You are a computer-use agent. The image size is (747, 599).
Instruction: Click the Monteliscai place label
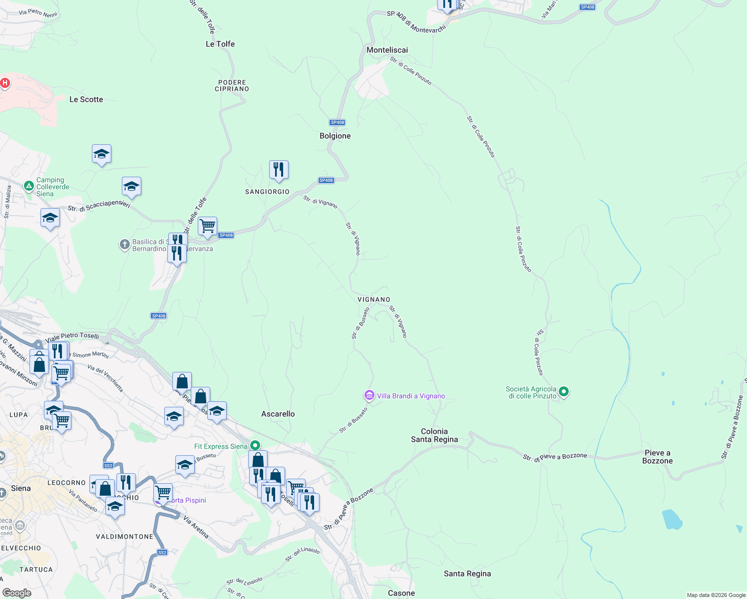tap(387, 50)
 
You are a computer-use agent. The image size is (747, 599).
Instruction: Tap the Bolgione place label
tap(335, 136)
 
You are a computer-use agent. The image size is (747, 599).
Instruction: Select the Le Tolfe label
tap(220, 44)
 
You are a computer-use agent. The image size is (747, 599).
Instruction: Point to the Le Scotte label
tap(86, 99)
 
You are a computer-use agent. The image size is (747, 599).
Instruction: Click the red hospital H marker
tap(5, 83)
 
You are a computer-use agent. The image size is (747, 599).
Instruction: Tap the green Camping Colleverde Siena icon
tap(29, 187)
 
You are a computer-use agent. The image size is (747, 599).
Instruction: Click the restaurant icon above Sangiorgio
tap(279, 170)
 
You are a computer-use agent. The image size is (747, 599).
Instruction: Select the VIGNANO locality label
tap(373, 299)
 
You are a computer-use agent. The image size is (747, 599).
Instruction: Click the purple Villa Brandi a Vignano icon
tap(369, 396)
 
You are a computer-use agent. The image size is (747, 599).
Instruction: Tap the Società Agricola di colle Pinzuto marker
tap(564, 392)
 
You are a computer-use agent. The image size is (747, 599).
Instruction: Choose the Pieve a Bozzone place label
tap(657, 457)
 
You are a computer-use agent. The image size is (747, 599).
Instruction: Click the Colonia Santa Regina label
tap(434, 435)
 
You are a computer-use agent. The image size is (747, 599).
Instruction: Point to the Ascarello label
tap(278, 414)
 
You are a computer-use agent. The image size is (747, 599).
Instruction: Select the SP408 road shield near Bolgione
tap(338, 122)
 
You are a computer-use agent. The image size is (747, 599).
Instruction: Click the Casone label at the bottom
tap(401, 593)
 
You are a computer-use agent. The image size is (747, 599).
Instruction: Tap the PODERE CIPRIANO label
tap(232, 85)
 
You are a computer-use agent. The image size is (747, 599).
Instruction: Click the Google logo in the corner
tap(17, 593)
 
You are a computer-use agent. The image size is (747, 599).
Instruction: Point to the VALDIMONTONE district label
tap(125, 537)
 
